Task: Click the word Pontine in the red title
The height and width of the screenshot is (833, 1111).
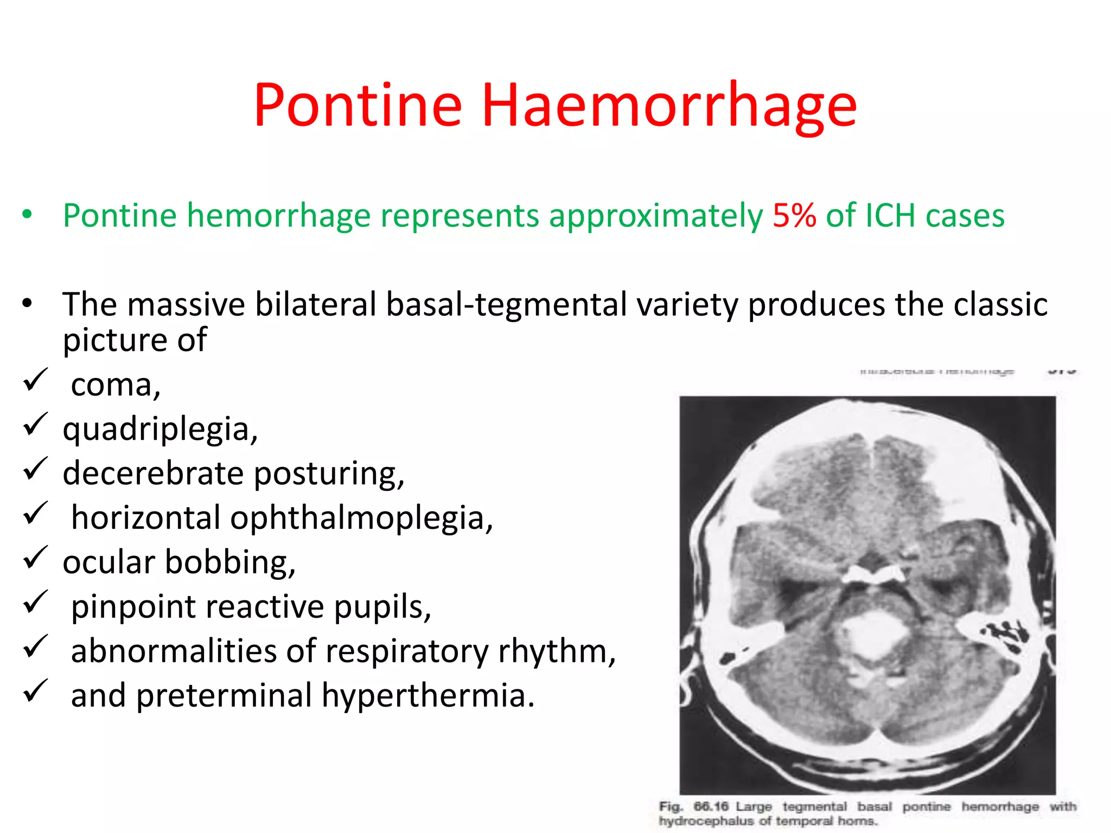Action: [x=358, y=106]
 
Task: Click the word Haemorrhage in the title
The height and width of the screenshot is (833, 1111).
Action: [x=669, y=107]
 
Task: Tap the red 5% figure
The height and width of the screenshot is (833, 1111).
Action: [x=794, y=215]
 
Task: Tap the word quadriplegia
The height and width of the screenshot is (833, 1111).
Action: [x=160, y=430]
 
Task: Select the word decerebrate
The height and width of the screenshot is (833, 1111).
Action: [x=153, y=473]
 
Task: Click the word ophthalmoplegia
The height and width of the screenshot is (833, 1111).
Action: [x=361, y=518]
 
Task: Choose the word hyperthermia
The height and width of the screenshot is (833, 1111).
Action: [x=427, y=695]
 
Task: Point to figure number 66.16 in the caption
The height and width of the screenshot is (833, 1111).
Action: [x=711, y=806]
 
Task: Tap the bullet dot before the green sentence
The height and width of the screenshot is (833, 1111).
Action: [x=27, y=215]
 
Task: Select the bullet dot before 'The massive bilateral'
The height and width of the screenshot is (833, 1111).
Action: [x=27, y=303]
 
